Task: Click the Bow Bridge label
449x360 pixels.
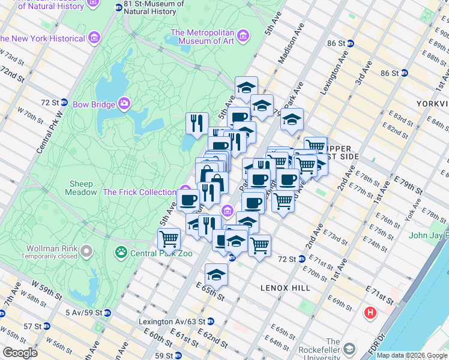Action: pos(94,104)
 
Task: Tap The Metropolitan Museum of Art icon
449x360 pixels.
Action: pos(243,35)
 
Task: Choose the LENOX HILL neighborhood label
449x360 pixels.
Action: pos(285,288)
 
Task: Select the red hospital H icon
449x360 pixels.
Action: pos(370,313)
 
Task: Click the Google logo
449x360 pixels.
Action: pos(19,353)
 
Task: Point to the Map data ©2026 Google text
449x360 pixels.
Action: pos(412,355)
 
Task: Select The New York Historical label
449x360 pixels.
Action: pos(43,38)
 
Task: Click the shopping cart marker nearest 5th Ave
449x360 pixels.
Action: pos(169,238)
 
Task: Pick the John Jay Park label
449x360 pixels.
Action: pos(429,235)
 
